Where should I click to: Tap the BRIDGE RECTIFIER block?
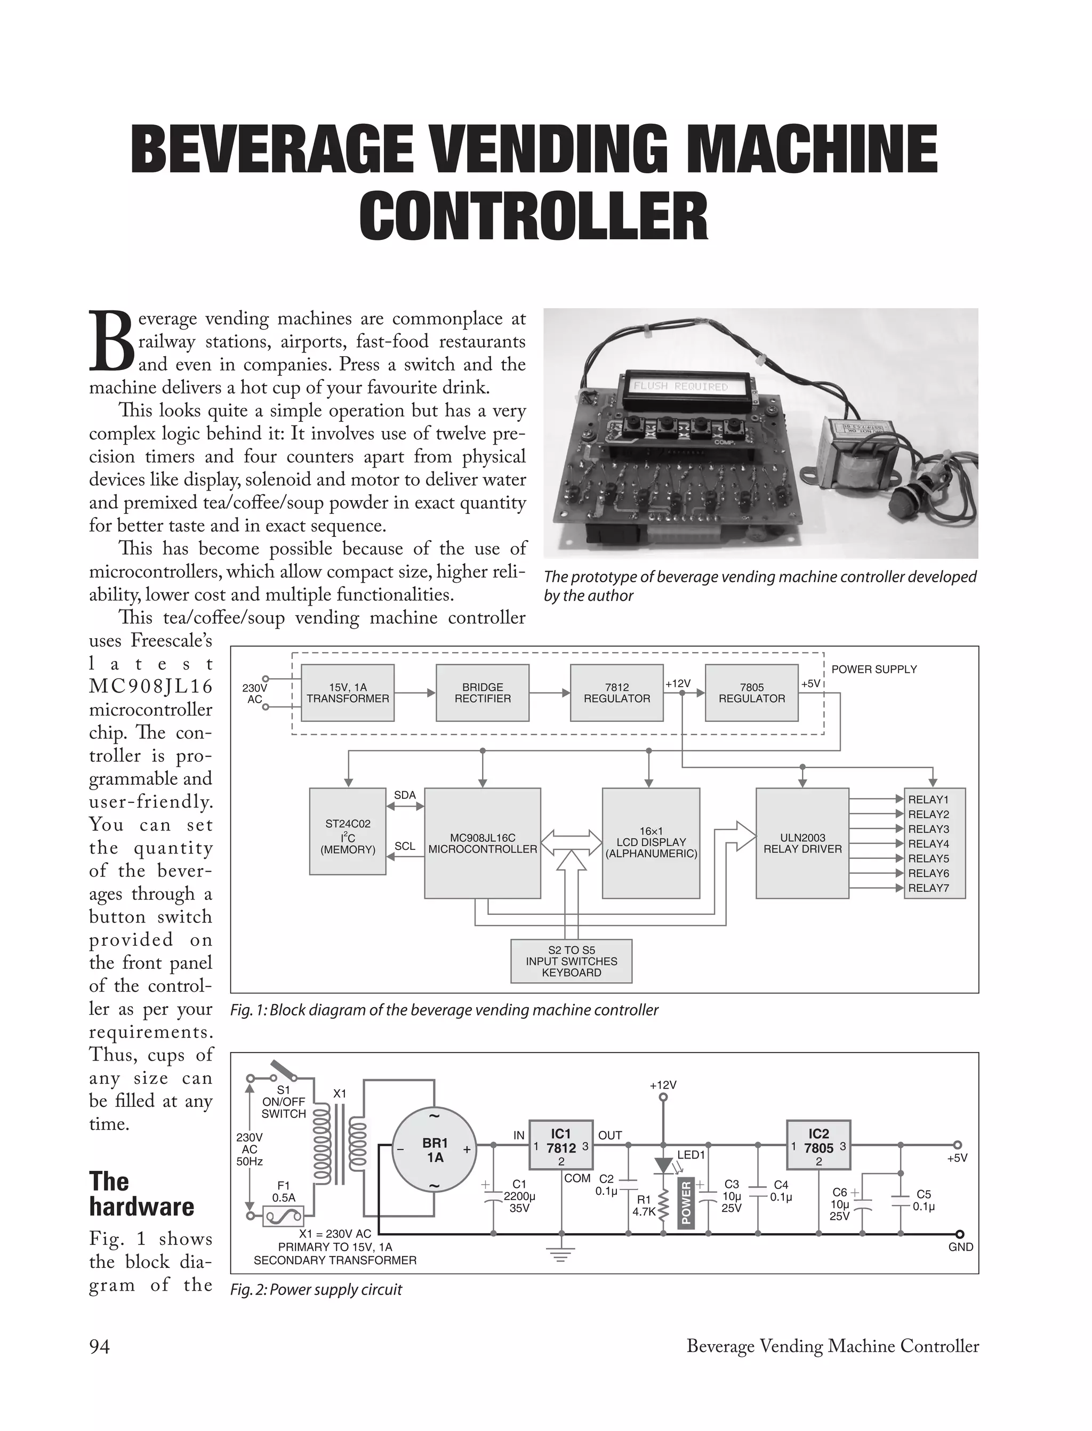(x=483, y=693)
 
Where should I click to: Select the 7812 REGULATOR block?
(x=616, y=693)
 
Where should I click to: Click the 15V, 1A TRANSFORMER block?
(x=348, y=693)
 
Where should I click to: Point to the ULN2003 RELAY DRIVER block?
(x=802, y=843)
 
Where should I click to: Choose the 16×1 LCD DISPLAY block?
(x=651, y=843)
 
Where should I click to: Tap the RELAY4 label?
(x=928, y=843)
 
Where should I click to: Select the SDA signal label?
(x=405, y=795)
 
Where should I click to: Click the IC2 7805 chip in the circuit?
(x=818, y=1148)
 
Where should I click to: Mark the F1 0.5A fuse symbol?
(x=283, y=1215)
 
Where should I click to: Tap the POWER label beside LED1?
(x=686, y=1203)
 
